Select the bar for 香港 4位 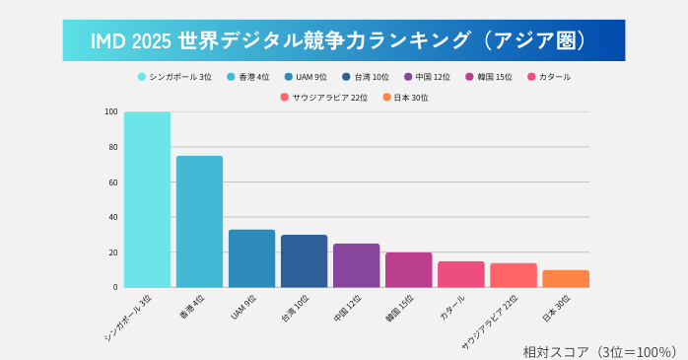point(199,221)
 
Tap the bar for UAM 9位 point(251,258)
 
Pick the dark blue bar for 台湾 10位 point(304,260)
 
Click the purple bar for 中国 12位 point(356,265)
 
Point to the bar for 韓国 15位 point(408,269)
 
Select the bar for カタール point(460,274)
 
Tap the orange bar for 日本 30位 point(565,278)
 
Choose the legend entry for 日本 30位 point(406,97)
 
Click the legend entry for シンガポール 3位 point(175,76)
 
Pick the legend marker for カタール point(532,76)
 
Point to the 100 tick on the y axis point(111,111)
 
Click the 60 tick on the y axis point(113,182)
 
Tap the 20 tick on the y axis point(113,252)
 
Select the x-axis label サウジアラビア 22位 point(491,321)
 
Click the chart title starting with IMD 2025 point(343,40)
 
